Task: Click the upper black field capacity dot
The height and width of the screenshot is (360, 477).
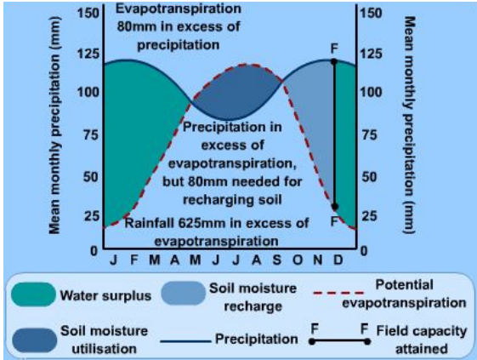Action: click(x=334, y=61)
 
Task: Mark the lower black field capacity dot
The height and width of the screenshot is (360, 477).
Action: click(x=334, y=207)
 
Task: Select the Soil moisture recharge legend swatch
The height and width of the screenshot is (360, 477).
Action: click(x=178, y=296)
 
